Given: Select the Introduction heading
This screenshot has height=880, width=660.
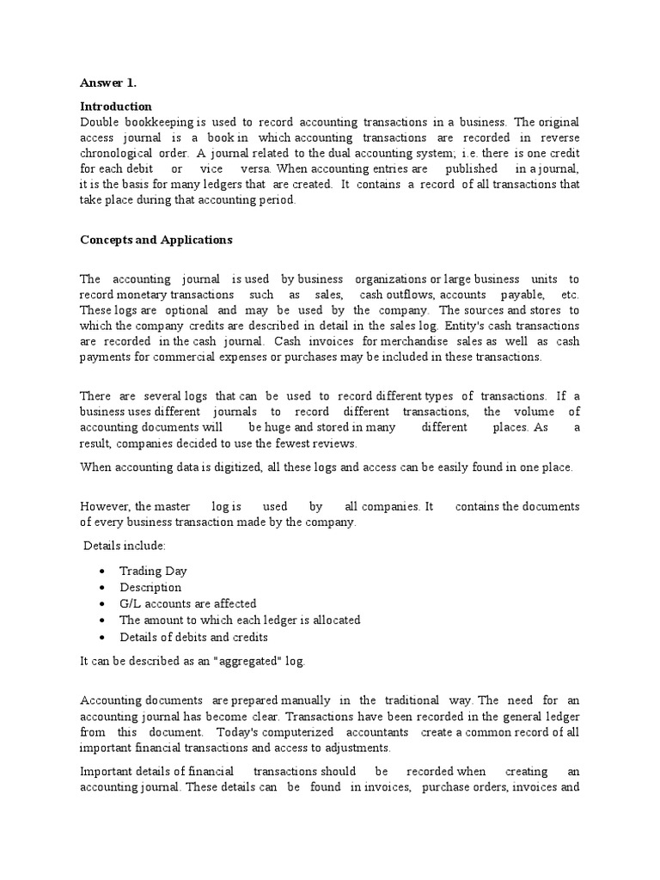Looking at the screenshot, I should (115, 106).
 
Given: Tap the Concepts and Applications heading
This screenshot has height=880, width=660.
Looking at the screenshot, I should (156, 240).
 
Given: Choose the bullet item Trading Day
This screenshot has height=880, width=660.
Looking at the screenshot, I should (153, 571).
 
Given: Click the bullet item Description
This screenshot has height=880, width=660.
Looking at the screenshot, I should (150, 587).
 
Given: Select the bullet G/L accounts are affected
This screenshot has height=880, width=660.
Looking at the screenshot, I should (187, 603).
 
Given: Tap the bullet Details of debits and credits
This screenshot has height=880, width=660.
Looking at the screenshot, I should (193, 637).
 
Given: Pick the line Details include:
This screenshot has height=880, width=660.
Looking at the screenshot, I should (125, 546).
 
